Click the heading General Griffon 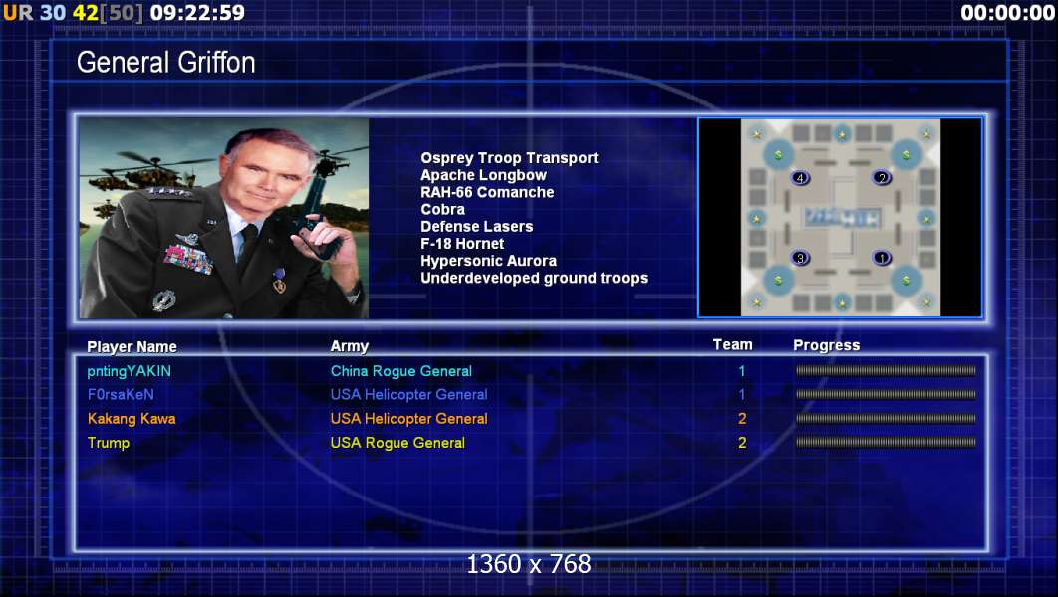point(166,63)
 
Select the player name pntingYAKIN point(129,371)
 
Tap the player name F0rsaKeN point(121,395)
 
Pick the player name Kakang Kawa point(132,419)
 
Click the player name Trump point(108,443)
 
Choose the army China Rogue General point(401,371)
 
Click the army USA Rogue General point(397,443)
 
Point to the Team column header point(733,345)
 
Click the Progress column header point(827,345)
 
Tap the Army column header point(350,346)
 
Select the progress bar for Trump point(886,443)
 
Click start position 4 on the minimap point(800,178)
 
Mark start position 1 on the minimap point(882,258)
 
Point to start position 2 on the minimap point(882,178)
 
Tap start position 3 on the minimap point(800,258)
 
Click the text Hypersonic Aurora point(488,261)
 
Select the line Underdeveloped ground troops point(534,278)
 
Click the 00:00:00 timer point(1007,12)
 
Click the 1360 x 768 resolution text point(529,564)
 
